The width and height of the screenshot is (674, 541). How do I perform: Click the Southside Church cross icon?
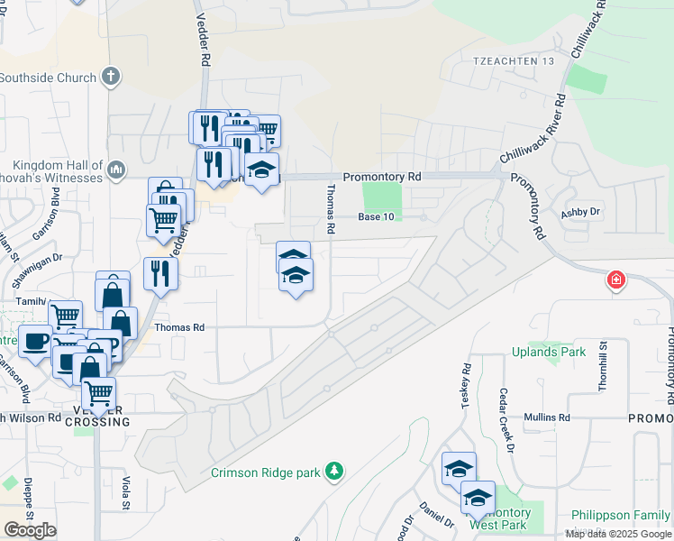[x=111, y=78]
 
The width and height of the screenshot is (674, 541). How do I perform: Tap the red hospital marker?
[x=615, y=280]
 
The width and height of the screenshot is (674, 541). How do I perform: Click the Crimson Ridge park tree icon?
[x=334, y=471]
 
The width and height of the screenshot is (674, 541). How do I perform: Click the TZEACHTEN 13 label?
[x=506, y=60]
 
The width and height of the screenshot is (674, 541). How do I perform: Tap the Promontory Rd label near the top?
[x=382, y=178]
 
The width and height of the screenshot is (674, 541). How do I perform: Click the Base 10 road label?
[x=376, y=216]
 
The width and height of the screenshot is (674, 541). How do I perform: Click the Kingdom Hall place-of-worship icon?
[x=116, y=170]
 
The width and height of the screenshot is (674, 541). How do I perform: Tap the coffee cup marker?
[x=35, y=342]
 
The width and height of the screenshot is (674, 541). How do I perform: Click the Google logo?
[x=30, y=530]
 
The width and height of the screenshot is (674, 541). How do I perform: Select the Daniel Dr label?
[x=437, y=517]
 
